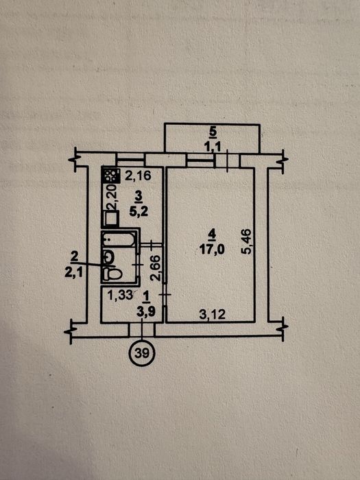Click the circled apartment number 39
point(142,353)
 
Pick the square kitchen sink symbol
point(111,219)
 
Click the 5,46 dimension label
point(246,241)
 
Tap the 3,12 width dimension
point(212,314)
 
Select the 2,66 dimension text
point(156,268)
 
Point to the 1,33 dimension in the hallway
point(120,296)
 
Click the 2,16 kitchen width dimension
point(138,176)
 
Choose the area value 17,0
point(212,250)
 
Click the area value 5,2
point(139,211)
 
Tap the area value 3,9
point(146,312)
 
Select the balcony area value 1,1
point(213,147)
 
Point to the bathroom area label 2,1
point(73,272)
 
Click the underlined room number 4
point(212,235)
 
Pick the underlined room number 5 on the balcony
point(213,132)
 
